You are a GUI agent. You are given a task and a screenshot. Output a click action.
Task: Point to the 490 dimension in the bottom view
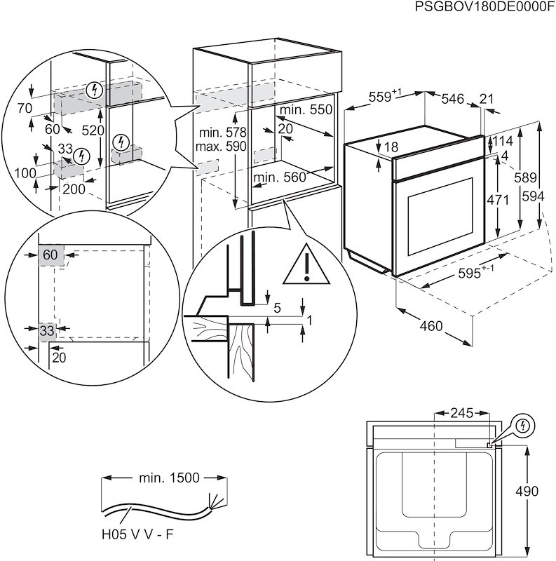click(x=541, y=492)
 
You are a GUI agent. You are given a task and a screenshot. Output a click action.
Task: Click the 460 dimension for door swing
click(x=431, y=325)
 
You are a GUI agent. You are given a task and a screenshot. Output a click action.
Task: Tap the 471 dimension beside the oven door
click(x=497, y=200)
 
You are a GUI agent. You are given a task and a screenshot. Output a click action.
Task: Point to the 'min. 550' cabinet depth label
click(x=306, y=111)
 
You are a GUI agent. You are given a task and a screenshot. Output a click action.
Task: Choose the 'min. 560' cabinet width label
click(x=280, y=177)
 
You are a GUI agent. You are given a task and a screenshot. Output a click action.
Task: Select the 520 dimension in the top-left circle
click(x=93, y=130)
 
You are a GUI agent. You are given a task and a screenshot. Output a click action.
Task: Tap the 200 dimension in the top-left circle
click(x=74, y=189)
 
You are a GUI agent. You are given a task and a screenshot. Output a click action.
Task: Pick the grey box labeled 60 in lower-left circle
click(x=50, y=255)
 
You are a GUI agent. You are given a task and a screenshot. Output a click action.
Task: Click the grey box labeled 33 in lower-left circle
click(x=47, y=330)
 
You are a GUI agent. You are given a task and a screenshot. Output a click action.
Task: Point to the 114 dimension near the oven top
click(x=503, y=142)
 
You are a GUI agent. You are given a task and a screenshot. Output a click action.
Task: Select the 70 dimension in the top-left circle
click(x=26, y=108)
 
